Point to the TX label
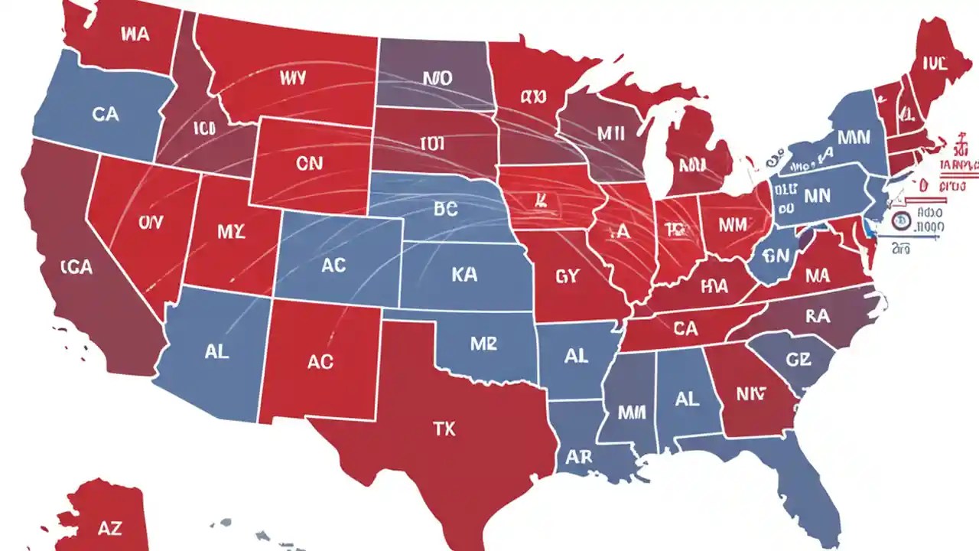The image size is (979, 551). coord(444,429)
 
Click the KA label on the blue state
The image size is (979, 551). coord(464,275)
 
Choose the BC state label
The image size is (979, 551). coord(444,210)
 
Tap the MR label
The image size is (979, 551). coord(483,344)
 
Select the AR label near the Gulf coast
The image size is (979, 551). coord(580,457)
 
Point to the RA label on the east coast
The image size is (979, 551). coord(818,315)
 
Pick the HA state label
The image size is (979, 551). coord(714,286)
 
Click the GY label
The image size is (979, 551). coord(568,276)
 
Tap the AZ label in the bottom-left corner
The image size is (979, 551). coord(110,527)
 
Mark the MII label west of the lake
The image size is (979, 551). coord(610,133)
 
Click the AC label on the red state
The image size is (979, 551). coord(320,361)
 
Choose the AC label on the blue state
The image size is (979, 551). coord(333,266)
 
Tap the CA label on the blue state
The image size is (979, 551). coord(106,114)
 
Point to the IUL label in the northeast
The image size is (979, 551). coord(935,63)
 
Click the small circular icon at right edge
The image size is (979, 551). coord(901,222)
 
